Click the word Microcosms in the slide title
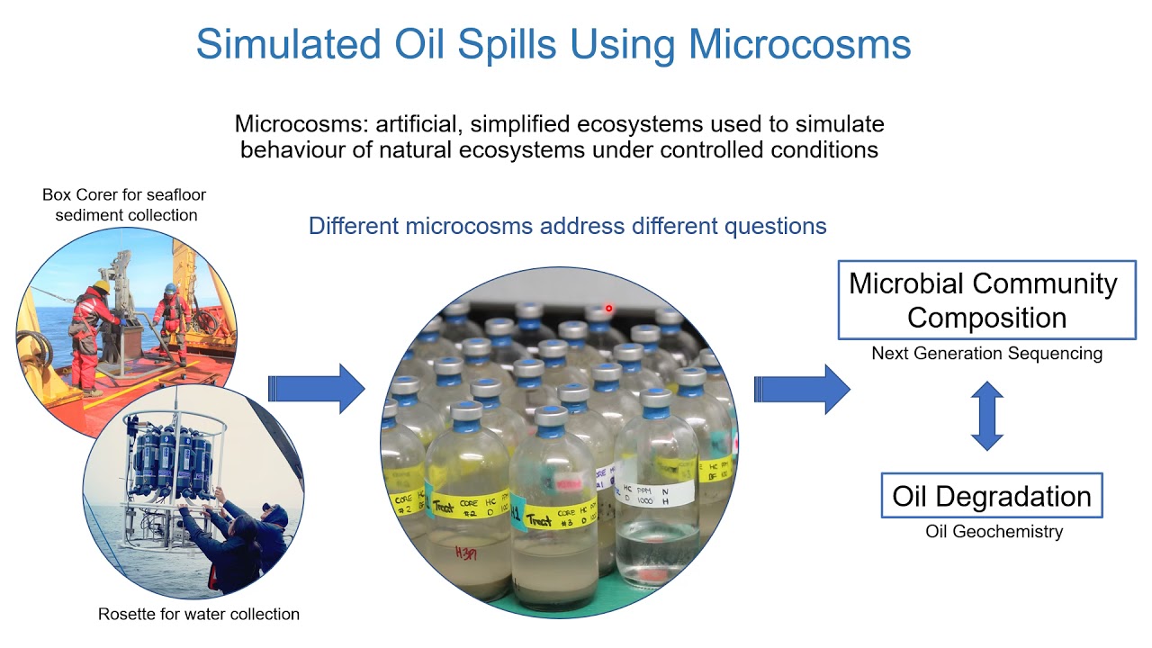[x=804, y=44]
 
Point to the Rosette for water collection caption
[x=198, y=614]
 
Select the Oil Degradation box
[x=991, y=496]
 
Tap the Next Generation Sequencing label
[x=986, y=354]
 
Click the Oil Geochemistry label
[x=994, y=532]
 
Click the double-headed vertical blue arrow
[x=987, y=415]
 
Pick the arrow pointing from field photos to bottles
[x=317, y=389]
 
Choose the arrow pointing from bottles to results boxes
[x=802, y=389]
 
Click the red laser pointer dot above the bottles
[x=609, y=309]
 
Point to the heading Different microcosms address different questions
[x=567, y=225]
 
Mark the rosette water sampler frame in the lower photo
[x=171, y=468]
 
